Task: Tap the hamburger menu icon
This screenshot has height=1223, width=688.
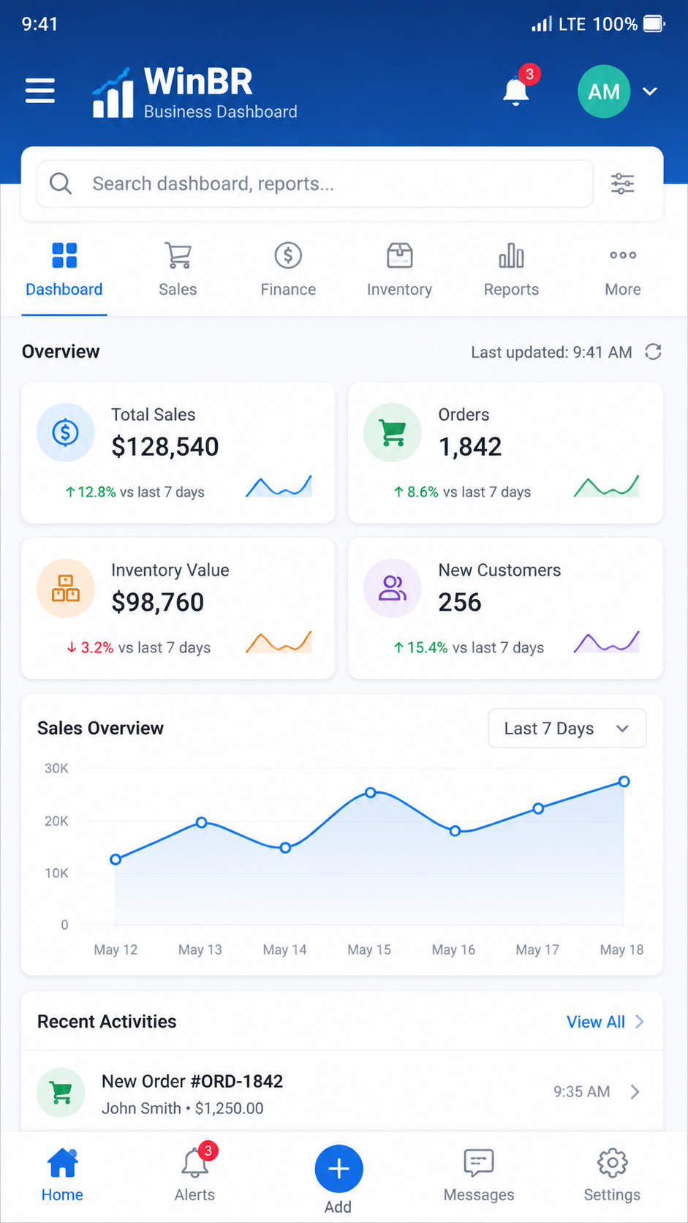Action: [39, 90]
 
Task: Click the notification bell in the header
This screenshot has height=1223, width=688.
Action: [515, 91]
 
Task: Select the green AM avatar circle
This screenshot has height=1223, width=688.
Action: [603, 91]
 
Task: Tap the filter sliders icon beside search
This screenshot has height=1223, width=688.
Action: [622, 184]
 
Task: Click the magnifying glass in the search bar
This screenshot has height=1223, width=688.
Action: [61, 184]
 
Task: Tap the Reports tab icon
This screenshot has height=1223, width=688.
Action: [511, 255]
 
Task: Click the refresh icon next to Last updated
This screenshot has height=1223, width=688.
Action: [653, 352]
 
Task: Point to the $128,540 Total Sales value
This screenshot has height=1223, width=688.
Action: [165, 447]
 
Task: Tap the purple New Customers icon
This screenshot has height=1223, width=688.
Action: [393, 588]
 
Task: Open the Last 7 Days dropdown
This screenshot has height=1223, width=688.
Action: [567, 729]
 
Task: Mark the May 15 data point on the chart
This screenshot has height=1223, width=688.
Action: [371, 792]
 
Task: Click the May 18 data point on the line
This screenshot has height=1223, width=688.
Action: [624, 782]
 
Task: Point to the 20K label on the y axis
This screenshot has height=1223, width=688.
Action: [56, 821]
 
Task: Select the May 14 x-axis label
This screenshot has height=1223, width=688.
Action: [285, 950]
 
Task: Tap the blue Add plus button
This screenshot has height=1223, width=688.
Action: [339, 1169]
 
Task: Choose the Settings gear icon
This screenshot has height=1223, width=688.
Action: [612, 1163]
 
